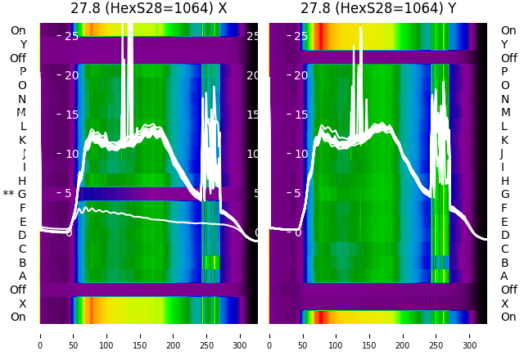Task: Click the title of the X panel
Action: (x=149, y=9)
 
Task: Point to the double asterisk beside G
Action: (x=8, y=195)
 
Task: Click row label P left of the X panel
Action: (x=22, y=72)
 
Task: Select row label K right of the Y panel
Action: (x=504, y=140)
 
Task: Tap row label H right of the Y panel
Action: (x=504, y=181)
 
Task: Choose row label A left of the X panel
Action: (x=22, y=276)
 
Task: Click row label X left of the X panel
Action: (x=22, y=304)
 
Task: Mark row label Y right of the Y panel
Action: (x=504, y=44)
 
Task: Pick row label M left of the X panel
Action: (x=21, y=112)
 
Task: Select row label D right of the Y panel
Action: (x=504, y=235)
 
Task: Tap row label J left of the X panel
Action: (x=24, y=154)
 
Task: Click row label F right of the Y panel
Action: (x=504, y=208)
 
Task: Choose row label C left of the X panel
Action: (x=22, y=249)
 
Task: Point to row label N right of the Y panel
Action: (x=504, y=99)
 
